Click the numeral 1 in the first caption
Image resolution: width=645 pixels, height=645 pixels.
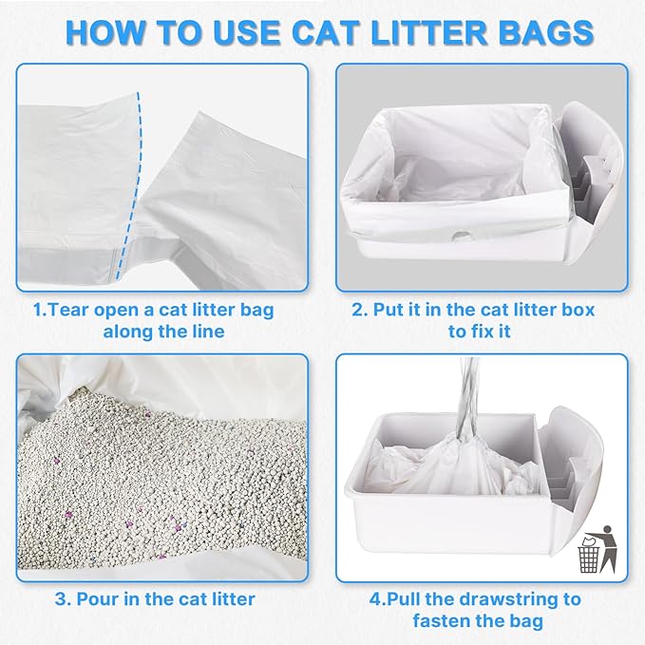[36, 309]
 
